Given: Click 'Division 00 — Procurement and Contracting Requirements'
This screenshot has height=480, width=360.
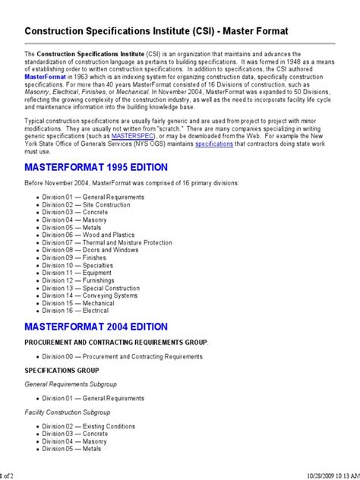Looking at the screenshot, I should click(122, 355).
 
